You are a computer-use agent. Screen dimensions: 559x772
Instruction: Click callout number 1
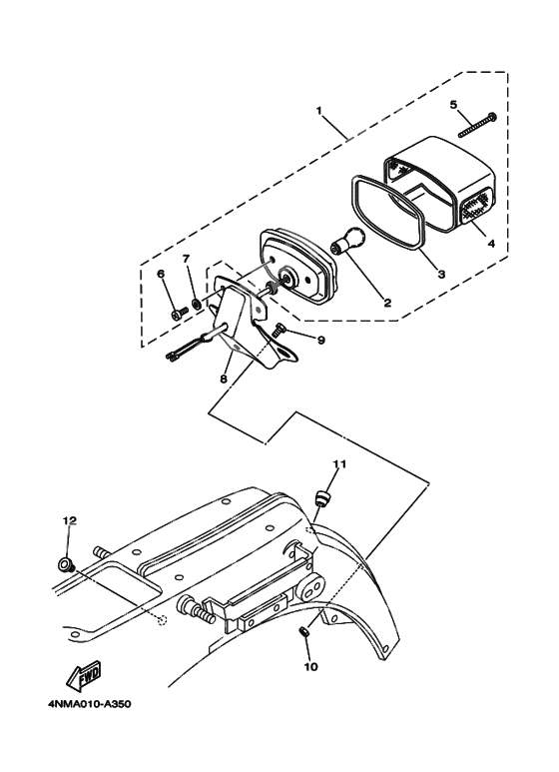coord(319,110)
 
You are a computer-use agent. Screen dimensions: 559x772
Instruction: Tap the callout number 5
coord(453,105)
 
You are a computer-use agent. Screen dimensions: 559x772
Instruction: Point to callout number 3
coord(441,275)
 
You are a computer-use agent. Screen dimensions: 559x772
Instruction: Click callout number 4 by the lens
coord(490,244)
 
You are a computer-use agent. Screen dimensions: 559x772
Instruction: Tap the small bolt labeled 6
coord(180,313)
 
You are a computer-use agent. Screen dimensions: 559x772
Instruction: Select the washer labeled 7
coord(197,303)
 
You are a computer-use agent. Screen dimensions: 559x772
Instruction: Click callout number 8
coord(223,380)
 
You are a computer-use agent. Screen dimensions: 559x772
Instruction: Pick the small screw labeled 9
coord(279,333)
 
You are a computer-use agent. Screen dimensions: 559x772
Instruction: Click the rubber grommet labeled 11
coord(322,496)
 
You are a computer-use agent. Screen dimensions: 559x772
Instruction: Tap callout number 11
coord(339,463)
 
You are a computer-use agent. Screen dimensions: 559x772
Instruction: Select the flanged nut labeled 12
coord(66,564)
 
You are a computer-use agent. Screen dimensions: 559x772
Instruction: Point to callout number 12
coord(70,520)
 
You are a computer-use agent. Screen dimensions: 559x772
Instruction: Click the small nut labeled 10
coord(304,631)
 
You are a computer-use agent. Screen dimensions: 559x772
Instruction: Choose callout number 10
coord(311,667)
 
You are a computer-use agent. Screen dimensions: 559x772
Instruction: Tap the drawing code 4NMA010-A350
coord(90,704)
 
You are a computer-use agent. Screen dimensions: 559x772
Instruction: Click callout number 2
coord(387,303)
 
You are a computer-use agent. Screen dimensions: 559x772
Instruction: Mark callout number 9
coord(321,340)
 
